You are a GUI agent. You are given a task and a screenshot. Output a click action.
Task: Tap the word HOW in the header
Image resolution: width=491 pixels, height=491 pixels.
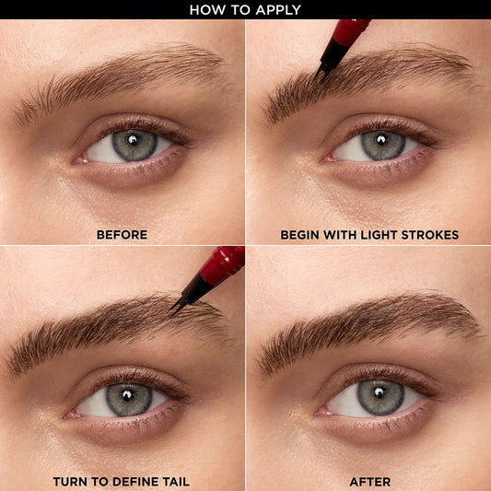pyautogui.click(x=205, y=10)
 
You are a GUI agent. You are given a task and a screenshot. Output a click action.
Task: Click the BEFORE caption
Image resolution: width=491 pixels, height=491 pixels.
pyautogui.click(x=122, y=235)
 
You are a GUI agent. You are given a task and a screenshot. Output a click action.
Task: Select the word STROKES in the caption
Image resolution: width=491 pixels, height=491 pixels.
pyautogui.click(x=429, y=235)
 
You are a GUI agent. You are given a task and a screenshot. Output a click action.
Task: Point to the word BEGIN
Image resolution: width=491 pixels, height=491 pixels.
pyautogui.click(x=301, y=235)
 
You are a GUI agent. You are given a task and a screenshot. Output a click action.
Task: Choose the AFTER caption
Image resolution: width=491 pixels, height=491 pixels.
pyautogui.click(x=369, y=482)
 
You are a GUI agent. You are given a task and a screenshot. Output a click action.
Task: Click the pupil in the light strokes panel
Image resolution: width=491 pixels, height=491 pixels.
pyautogui.click(x=380, y=142)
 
